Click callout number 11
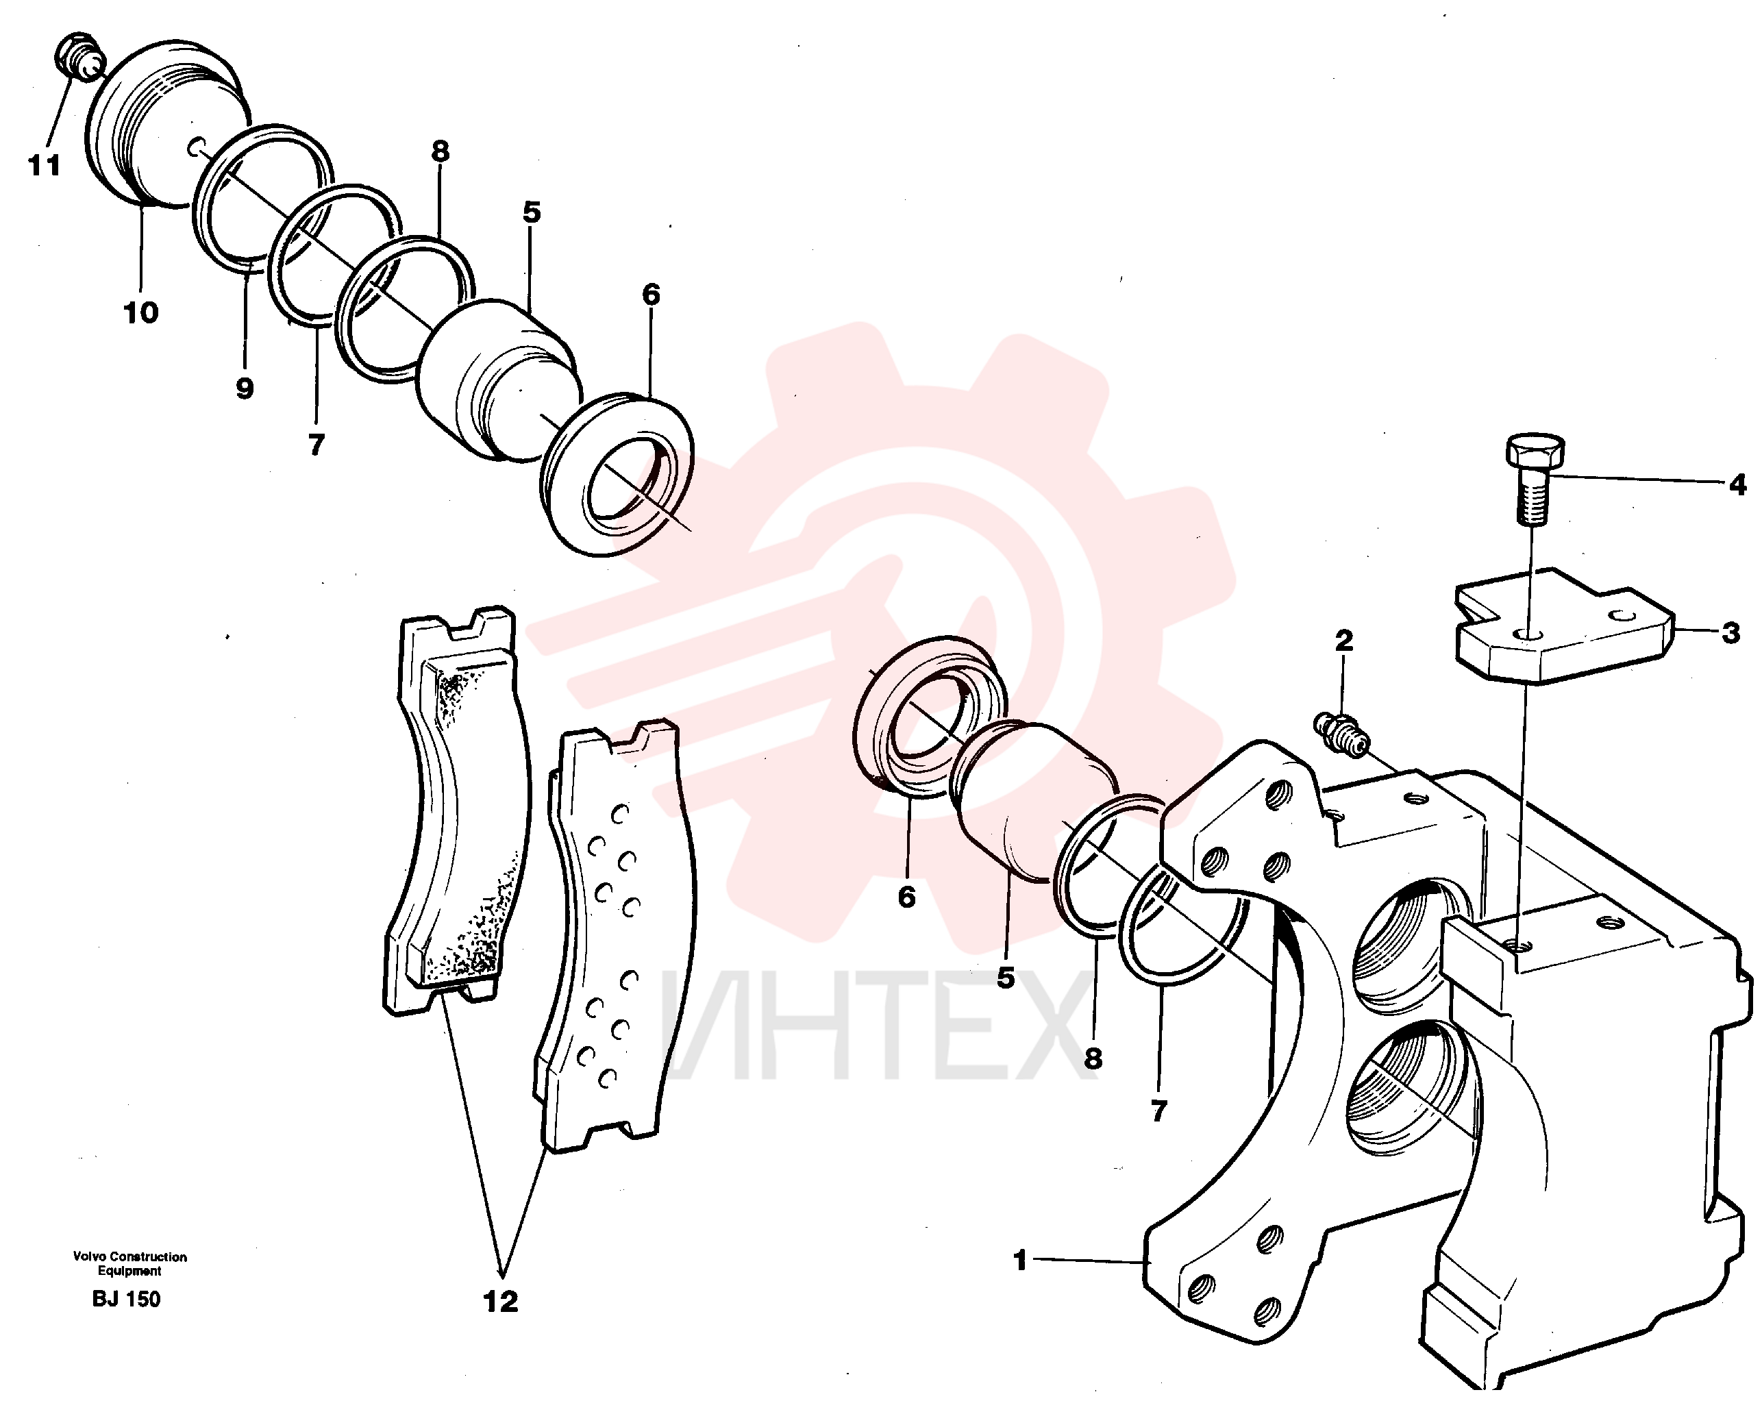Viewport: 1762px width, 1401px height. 45,166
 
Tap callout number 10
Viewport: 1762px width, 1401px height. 140,312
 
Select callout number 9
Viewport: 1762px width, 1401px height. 245,389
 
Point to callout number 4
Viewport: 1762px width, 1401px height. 1737,485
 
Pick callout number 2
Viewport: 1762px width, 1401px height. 1343,640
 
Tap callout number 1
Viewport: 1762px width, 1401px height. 1019,1260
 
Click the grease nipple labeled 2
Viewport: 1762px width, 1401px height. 1340,735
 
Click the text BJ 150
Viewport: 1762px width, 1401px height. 127,1299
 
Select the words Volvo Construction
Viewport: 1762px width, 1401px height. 130,1256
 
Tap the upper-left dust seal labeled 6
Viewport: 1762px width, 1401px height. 618,475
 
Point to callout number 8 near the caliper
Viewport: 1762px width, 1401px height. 1093,1058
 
